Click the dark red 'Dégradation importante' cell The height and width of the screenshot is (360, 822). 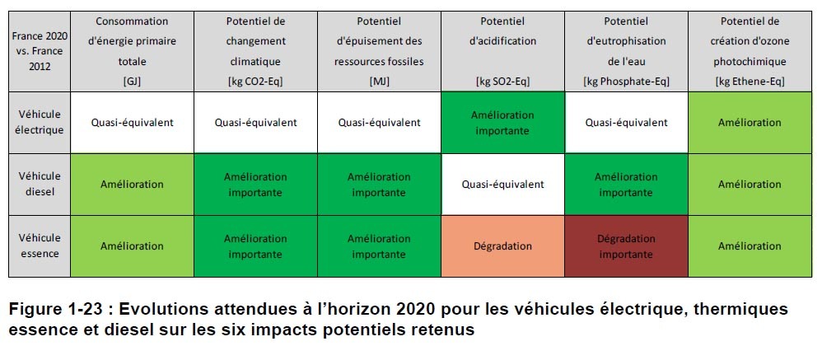coord(626,245)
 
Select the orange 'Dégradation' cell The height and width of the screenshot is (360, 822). coord(502,245)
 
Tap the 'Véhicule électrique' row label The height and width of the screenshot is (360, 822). coord(39,122)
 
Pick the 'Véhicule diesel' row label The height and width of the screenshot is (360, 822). coord(39,184)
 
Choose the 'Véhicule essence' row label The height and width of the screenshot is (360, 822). coord(39,245)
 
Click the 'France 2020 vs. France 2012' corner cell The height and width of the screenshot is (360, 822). coord(39,51)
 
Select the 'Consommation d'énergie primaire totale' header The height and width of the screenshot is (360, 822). coord(132,41)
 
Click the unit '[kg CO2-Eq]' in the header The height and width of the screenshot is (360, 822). coord(255,81)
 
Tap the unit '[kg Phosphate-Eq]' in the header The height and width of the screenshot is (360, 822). coord(626,81)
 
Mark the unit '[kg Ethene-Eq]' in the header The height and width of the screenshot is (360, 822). coord(750,81)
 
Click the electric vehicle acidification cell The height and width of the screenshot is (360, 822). coord(502,122)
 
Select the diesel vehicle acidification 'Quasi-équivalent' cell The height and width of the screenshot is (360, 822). coord(502,184)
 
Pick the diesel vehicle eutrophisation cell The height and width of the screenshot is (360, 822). coord(626,184)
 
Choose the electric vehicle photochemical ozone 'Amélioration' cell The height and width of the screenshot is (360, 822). coord(750,122)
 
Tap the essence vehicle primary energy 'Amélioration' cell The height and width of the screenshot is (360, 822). coord(132,245)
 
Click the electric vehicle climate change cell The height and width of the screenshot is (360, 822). coord(255,122)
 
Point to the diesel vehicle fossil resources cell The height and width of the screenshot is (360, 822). coord(379,184)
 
